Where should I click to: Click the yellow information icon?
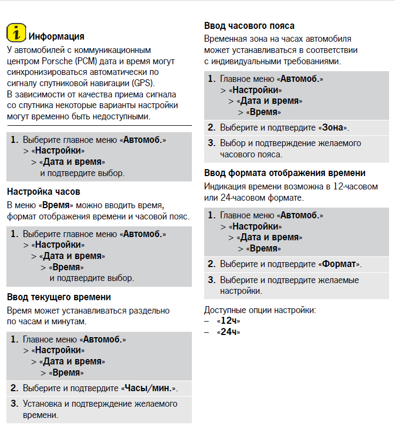click(x=17, y=33)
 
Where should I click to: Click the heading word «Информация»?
click(x=56, y=36)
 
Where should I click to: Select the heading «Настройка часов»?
click(x=44, y=191)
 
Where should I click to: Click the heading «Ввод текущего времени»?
click(x=59, y=297)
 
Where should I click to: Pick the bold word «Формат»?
click(x=339, y=264)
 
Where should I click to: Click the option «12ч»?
click(x=228, y=321)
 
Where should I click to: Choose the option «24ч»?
click(x=228, y=332)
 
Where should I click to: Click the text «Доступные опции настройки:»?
click(x=260, y=310)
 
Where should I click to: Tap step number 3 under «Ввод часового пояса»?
click(x=211, y=143)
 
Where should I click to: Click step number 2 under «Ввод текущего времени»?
click(x=14, y=388)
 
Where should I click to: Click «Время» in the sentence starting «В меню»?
click(x=58, y=205)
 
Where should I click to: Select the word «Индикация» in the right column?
click(x=226, y=187)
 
